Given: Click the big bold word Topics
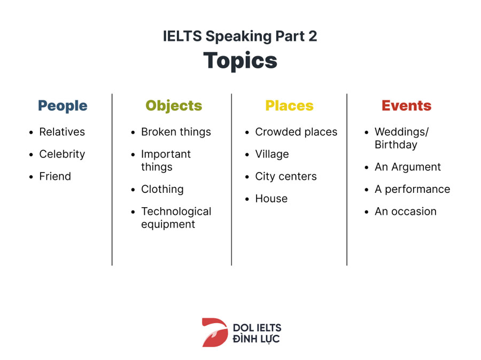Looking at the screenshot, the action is [x=240, y=61].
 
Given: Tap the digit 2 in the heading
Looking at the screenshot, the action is [x=313, y=36].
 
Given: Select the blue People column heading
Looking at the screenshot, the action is [x=63, y=106].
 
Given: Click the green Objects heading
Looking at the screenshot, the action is [x=174, y=106].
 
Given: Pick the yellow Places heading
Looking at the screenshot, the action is [x=289, y=106].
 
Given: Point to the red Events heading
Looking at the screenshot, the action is [x=407, y=106].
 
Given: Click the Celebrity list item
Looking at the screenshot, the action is [x=63, y=154].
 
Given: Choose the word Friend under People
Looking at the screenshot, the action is [x=55, y=176].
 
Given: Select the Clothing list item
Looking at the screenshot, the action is [x=162, y=190].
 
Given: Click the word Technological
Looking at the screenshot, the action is [x=176, y=212].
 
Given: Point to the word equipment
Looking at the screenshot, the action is [x=168, y=225].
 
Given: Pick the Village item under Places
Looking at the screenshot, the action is [x=272, y=154].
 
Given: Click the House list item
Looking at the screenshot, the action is [x=271, y=199].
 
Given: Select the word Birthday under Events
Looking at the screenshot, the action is [x=396, y=145].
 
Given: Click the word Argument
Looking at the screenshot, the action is [x=416, y=167].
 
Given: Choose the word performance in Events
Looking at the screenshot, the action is [x=417, y=190].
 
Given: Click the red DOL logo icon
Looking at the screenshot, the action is [x=215, y=333].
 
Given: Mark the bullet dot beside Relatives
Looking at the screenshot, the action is [x=31, y=132].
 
